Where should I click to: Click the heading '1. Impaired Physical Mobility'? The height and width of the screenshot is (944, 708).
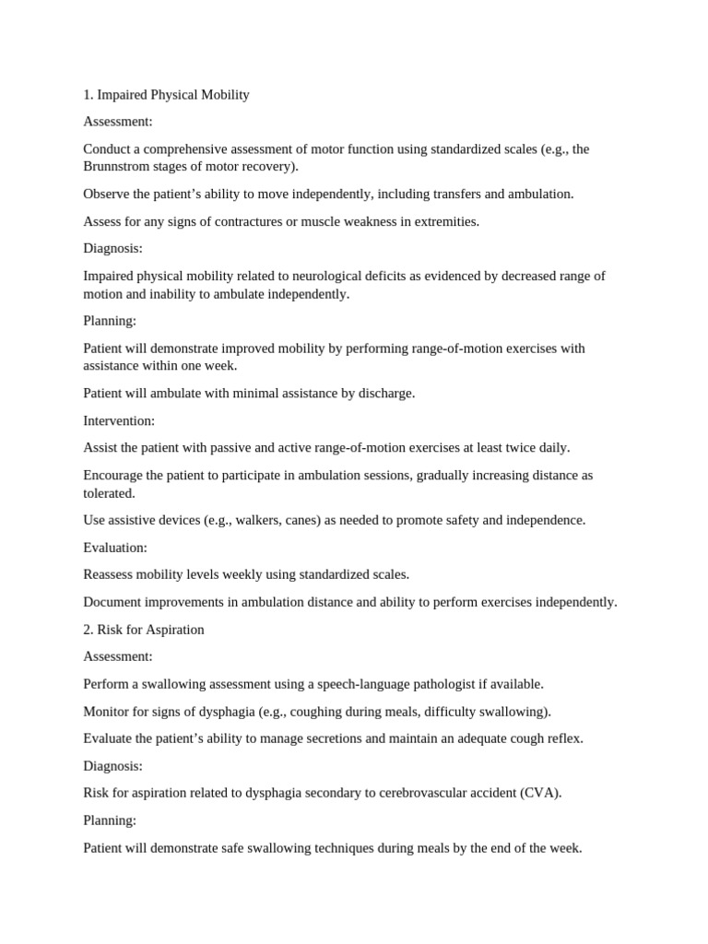coord(166,95)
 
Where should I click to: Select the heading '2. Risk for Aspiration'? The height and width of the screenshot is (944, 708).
coord(144,630)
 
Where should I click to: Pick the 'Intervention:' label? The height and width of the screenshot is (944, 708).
coord(119,420)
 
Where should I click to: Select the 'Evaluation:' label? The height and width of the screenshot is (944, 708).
coord(115,548)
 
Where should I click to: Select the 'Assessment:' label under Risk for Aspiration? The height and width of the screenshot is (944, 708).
coord(118,656)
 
